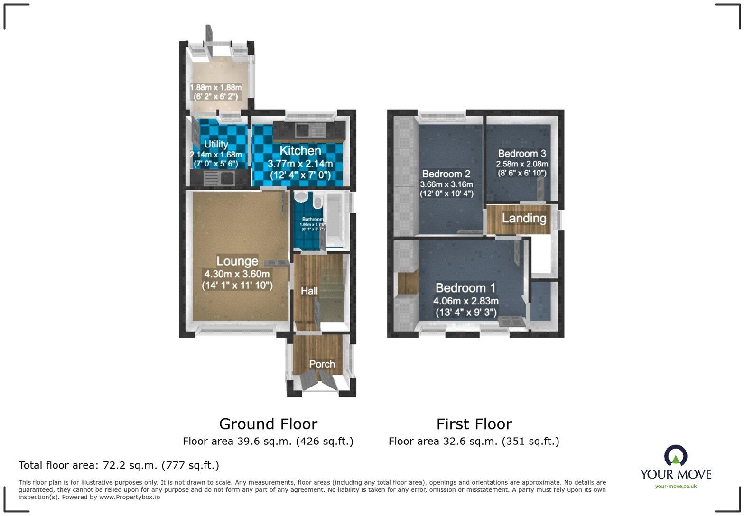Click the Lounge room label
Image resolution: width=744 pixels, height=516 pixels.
coord(237,261)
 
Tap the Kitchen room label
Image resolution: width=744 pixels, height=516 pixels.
coord(300,151)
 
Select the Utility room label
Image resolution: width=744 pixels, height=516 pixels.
coord(216,144)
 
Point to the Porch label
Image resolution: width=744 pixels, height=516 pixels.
coord(322,364)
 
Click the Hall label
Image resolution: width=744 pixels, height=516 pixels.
coord(309,291)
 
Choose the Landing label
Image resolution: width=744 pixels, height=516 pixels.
coord(524,218)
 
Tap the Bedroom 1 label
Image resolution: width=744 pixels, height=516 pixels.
coord(465,288)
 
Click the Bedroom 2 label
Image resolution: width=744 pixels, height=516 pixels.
coord(446,174)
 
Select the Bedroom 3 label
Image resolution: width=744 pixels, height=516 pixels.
coord(522,154)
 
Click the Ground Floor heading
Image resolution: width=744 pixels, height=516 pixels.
coord(268,424)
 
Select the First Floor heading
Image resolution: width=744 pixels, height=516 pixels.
coord(474,424)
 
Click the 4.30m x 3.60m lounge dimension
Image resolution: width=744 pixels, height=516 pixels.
coord(237,274)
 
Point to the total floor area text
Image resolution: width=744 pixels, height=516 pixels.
coord(119,465)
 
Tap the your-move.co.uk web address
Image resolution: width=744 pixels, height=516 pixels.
coord(676,486)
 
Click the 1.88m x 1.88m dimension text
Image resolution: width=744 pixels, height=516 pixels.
coord(216,88)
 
